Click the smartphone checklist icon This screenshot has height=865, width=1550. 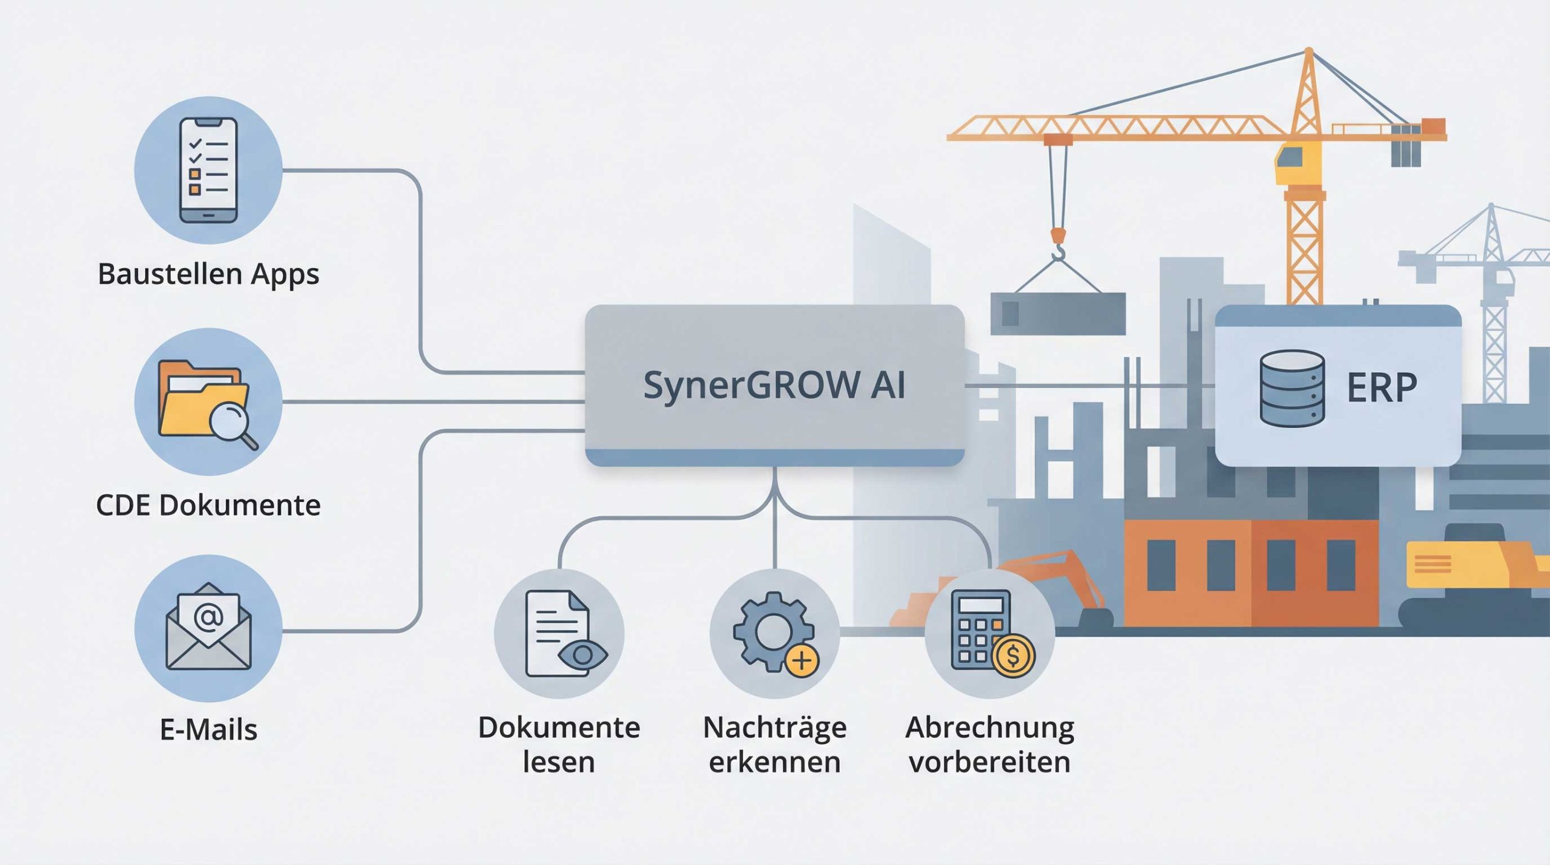coord(208,170)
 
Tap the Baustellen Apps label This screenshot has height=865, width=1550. coord(208,274)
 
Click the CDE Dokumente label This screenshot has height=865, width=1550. coord(208,505)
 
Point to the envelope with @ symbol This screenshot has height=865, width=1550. coord(208,627)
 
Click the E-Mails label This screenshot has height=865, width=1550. coord(208,729)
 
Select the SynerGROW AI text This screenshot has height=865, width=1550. coord(774,385)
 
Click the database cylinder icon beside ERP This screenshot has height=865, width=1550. coord(1291,388)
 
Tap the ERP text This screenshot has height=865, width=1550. coord(1382,388)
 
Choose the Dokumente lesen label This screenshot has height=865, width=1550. coord(559,745)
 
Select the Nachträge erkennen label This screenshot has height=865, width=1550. coord(774,745)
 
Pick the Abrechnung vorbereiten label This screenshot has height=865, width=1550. coord(989,745)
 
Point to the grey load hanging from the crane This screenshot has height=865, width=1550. coord(1058,313)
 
